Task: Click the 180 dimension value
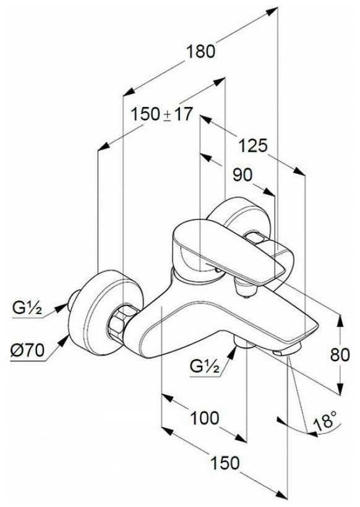(200, 51)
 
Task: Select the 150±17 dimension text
(161, 114)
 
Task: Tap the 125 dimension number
(253, 145)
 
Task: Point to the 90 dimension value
(242, 175)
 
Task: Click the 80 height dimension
(340, 355)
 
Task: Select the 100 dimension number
(204, 418)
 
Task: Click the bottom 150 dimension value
(225, 462)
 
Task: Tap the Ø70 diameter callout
(27, 350)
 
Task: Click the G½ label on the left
(27, 308)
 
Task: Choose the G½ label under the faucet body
(205, 367)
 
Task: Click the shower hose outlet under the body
(245, 343)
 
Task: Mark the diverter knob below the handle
(246, 287)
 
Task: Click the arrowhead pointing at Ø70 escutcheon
(64, 341)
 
